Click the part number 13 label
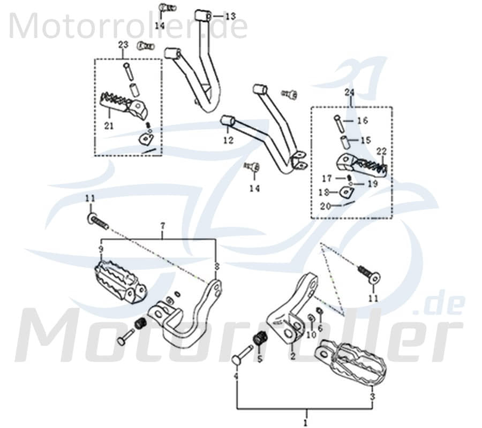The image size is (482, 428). pos(230,17)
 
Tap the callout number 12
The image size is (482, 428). pos(229,141)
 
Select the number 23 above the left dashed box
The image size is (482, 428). pos(123,45)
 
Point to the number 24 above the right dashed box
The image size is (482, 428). pos(350,93)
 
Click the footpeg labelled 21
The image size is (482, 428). pos(122,104)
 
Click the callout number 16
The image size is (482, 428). pos(363,121)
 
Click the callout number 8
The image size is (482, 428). pos(216,266)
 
